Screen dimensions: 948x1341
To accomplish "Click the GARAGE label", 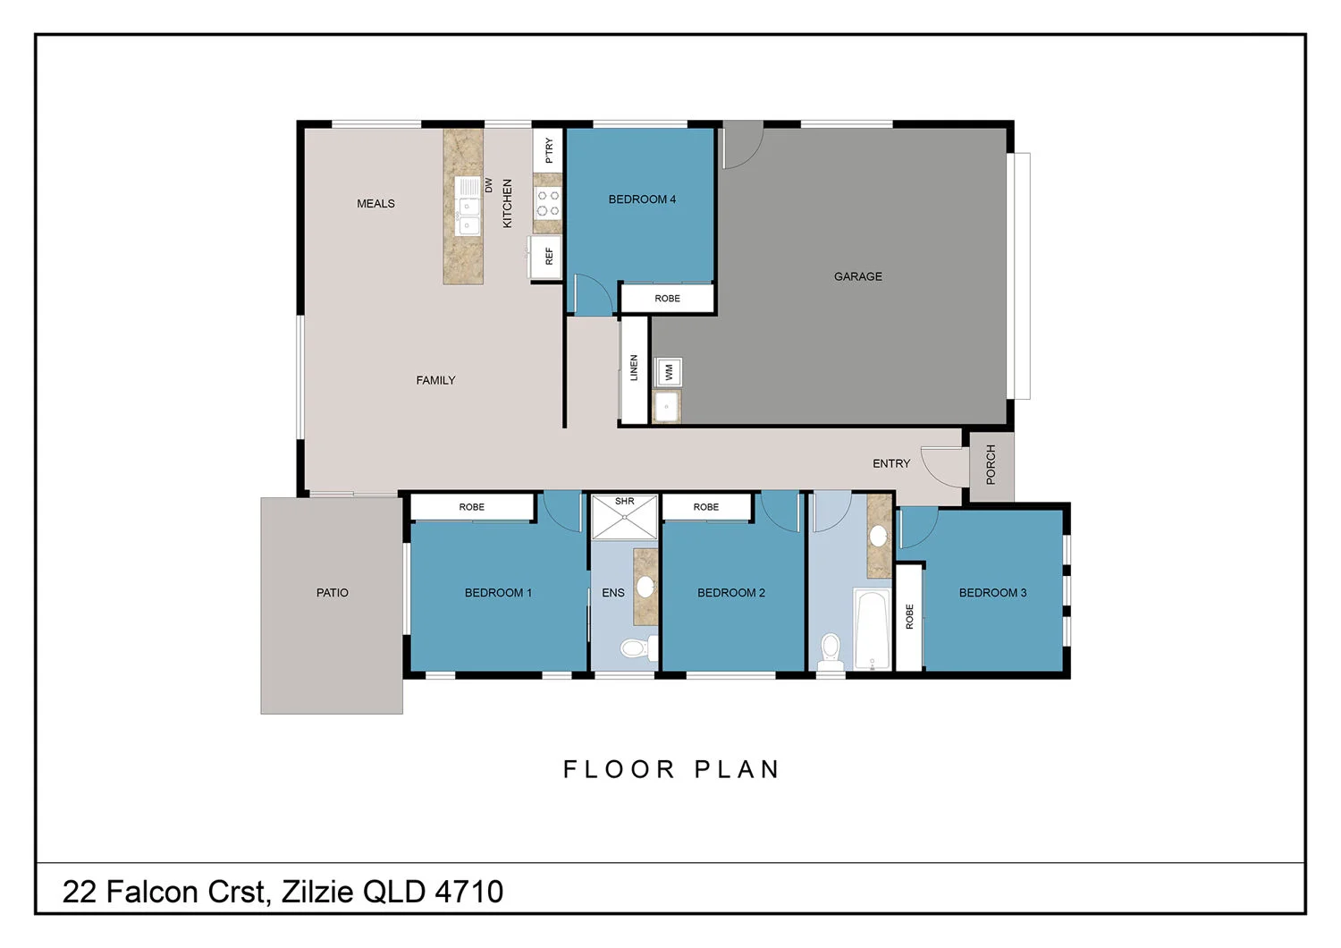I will coord(857,276).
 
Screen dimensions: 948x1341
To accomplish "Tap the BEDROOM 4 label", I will coord(642,199).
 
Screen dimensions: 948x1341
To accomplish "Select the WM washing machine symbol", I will coord(669,371).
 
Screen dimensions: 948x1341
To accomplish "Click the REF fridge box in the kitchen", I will coord(546,257).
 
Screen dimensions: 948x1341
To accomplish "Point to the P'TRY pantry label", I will coord(548,150).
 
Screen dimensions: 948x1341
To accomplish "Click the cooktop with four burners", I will coord(547,203).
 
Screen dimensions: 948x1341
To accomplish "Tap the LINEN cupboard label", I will coord(634,368).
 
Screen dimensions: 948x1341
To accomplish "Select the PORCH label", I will coord(991,465).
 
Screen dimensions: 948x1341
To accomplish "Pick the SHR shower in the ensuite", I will coord(624,518).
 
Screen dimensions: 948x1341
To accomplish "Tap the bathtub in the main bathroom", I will coord(872,629).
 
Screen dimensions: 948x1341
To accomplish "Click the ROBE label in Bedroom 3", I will coord(909,616).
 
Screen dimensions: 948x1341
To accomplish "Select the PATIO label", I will coord(332,593).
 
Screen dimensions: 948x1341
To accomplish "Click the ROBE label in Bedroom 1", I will coord(471,507).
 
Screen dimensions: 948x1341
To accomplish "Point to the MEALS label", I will coord(375,204).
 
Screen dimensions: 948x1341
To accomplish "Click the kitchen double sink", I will coord(468,206).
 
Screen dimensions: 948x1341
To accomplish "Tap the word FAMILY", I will coord(435,380).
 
